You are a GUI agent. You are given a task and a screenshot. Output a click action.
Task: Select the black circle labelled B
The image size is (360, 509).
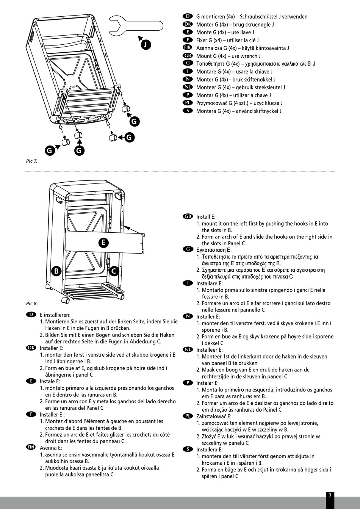pos(56,271)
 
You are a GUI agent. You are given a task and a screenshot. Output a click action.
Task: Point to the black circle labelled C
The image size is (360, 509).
pos(113,271)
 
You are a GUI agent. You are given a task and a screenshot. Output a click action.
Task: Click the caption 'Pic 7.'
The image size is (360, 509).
pos(32,161)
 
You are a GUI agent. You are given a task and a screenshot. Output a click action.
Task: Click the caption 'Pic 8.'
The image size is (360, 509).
pos(32,303)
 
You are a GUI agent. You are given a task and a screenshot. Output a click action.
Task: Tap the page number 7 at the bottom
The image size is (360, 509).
pos(330,495)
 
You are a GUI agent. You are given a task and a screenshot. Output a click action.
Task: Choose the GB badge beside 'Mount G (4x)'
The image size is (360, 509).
pos(188,56)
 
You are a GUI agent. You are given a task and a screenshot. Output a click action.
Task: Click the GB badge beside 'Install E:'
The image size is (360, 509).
pos(188,216)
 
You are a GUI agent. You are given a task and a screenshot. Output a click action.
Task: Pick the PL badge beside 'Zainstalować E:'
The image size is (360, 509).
pos(188,416)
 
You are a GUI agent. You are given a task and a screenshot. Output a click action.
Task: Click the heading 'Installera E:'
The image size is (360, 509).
pos(208,449)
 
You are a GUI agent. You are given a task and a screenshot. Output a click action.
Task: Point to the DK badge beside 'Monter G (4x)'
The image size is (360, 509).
pos(188,24)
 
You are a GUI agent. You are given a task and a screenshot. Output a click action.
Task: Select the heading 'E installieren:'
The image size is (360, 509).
pos(55,315)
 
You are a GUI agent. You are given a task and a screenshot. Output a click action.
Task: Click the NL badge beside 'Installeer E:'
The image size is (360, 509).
pos(188,349)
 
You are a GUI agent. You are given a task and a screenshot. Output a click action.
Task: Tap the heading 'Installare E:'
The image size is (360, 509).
pos(209,283)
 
